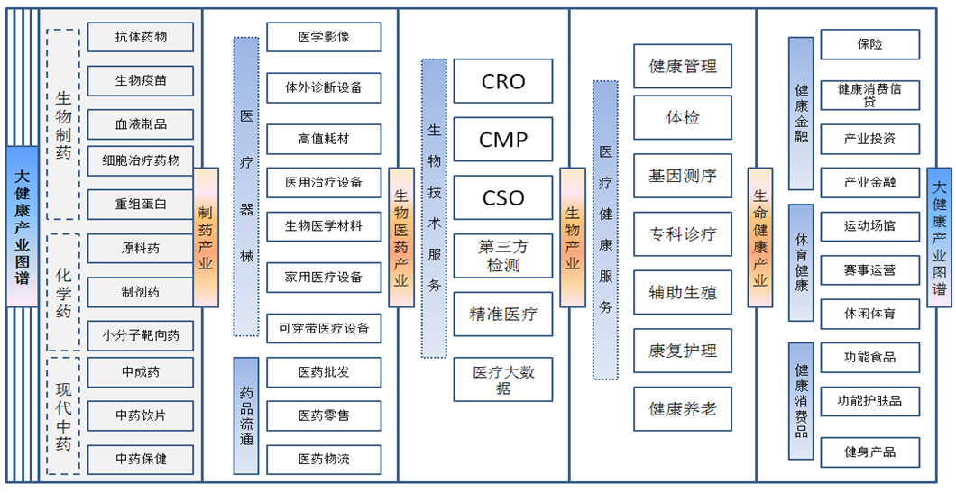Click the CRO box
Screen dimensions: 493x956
point(503,81)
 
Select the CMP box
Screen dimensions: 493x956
point(503,140)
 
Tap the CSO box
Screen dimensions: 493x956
point(503,198)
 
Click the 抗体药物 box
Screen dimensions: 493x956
point(141,37)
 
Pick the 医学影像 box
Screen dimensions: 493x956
point(324,38)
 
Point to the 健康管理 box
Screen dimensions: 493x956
point(683,67)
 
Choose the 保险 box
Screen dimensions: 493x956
point(869,44)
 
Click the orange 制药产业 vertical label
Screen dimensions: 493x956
point(206,237)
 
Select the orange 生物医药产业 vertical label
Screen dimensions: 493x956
point(401,237)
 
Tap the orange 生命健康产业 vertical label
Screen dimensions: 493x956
point(760,237)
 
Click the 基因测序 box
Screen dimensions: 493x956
point(683,176)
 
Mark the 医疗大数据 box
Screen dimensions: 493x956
point(503,379)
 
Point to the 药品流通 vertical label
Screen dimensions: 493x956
point(246,415)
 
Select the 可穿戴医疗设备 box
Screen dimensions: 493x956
point(324,328)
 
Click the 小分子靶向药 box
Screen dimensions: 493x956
point(141,335)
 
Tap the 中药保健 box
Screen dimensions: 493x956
point(141,459)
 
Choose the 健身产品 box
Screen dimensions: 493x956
point(869,452)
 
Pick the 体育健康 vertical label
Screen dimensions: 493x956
point(801,262)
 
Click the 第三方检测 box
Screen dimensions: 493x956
point(503,256)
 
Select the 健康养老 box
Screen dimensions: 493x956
point(683,409)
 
